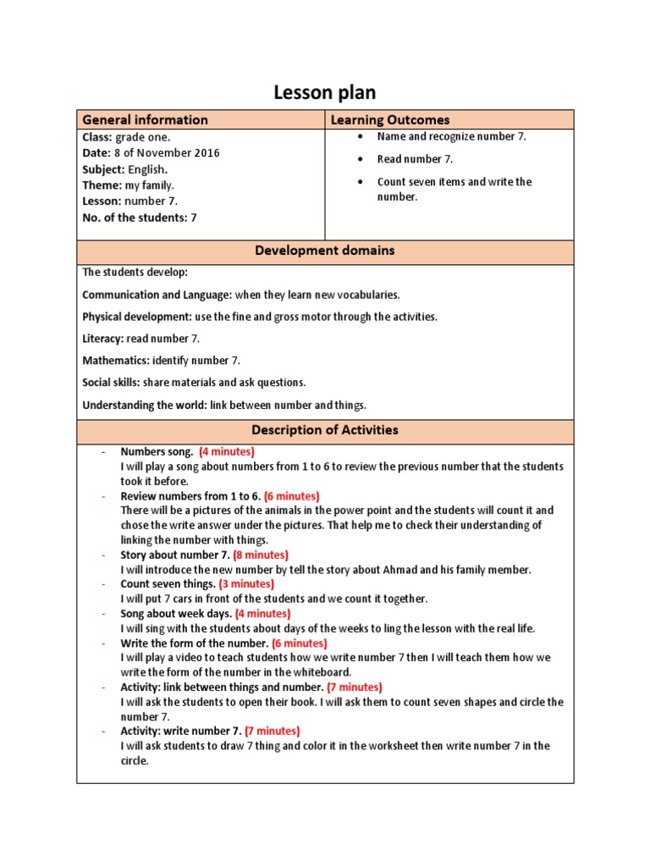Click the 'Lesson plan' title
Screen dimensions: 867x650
tap(324, 92)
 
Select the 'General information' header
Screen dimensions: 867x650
tap(145, 120)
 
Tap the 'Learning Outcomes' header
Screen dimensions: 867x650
tap(389, 120)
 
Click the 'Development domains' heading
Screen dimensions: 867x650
tap(325, 251)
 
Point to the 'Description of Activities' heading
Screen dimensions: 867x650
tap(325, 430)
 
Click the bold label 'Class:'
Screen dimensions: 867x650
tap(97, 137)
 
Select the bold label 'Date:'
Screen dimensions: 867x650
tap(96, 153)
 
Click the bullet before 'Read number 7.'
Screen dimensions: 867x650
tap(361, 159)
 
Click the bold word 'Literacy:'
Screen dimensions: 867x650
tap(104, 339)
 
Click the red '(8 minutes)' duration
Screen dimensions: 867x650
tap(260, 555)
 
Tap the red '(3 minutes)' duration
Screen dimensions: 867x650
tap(246, 584)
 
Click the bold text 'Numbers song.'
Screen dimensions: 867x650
tap(157, 452)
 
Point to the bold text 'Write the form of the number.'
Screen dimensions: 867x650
tap(194, 643)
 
